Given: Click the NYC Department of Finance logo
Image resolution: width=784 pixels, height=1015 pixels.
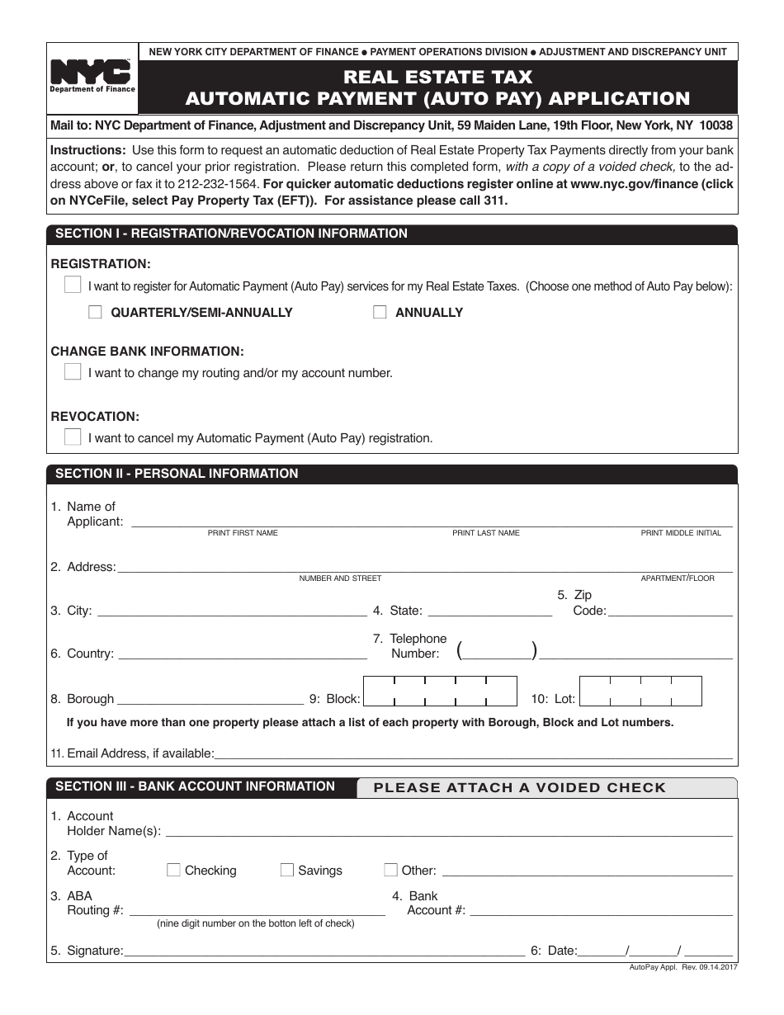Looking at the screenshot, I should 92,77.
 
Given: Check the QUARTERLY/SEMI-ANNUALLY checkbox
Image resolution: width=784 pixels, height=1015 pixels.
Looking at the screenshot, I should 95,313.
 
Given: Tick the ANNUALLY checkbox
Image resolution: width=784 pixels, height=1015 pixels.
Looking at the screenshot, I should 380,313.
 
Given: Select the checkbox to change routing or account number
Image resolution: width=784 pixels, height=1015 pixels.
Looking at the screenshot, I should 73,372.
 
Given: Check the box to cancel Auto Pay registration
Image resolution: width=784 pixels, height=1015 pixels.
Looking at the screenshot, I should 73,437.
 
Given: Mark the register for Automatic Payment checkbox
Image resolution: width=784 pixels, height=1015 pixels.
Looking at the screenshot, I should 73,286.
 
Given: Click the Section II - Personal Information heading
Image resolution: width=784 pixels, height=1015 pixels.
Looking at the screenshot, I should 177,474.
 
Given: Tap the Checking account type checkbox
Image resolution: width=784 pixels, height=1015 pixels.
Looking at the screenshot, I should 174,870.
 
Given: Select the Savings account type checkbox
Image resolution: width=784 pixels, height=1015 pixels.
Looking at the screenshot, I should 287,870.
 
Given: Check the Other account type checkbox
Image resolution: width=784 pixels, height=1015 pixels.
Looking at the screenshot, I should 390,870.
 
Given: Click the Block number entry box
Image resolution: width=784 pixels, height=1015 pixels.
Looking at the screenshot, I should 441,692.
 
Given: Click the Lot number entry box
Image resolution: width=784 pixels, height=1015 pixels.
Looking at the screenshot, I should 640,692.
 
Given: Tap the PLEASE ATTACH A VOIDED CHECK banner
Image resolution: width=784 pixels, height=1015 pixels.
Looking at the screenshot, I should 520,787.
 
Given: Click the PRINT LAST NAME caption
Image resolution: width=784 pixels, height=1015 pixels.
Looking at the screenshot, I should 486,533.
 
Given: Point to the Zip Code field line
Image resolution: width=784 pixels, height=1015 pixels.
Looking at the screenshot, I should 670,611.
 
